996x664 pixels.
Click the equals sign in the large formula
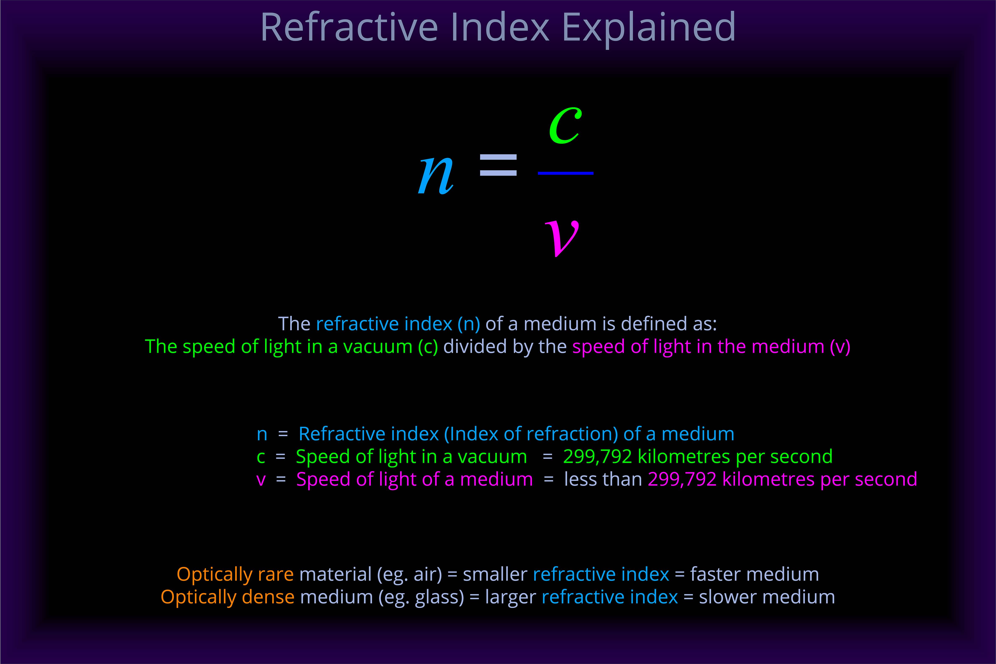[498, 165]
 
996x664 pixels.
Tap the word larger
[510, 597]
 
